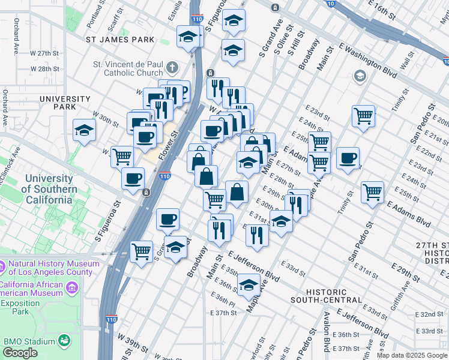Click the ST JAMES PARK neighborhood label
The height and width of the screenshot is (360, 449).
click(120, 40)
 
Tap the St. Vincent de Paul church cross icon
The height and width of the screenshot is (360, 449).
click(172, 67)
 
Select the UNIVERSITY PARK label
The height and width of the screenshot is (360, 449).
click(65, 103)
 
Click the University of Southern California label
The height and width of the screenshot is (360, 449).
click(51, 189)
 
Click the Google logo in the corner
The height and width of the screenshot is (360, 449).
click(20, 353)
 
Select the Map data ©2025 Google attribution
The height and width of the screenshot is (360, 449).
click(411, 355)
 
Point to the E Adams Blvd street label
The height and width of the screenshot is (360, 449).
click(408, 213)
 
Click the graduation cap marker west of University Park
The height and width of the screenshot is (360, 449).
click(84, 129)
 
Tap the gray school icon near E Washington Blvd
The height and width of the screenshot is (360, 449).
click(360, 76)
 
